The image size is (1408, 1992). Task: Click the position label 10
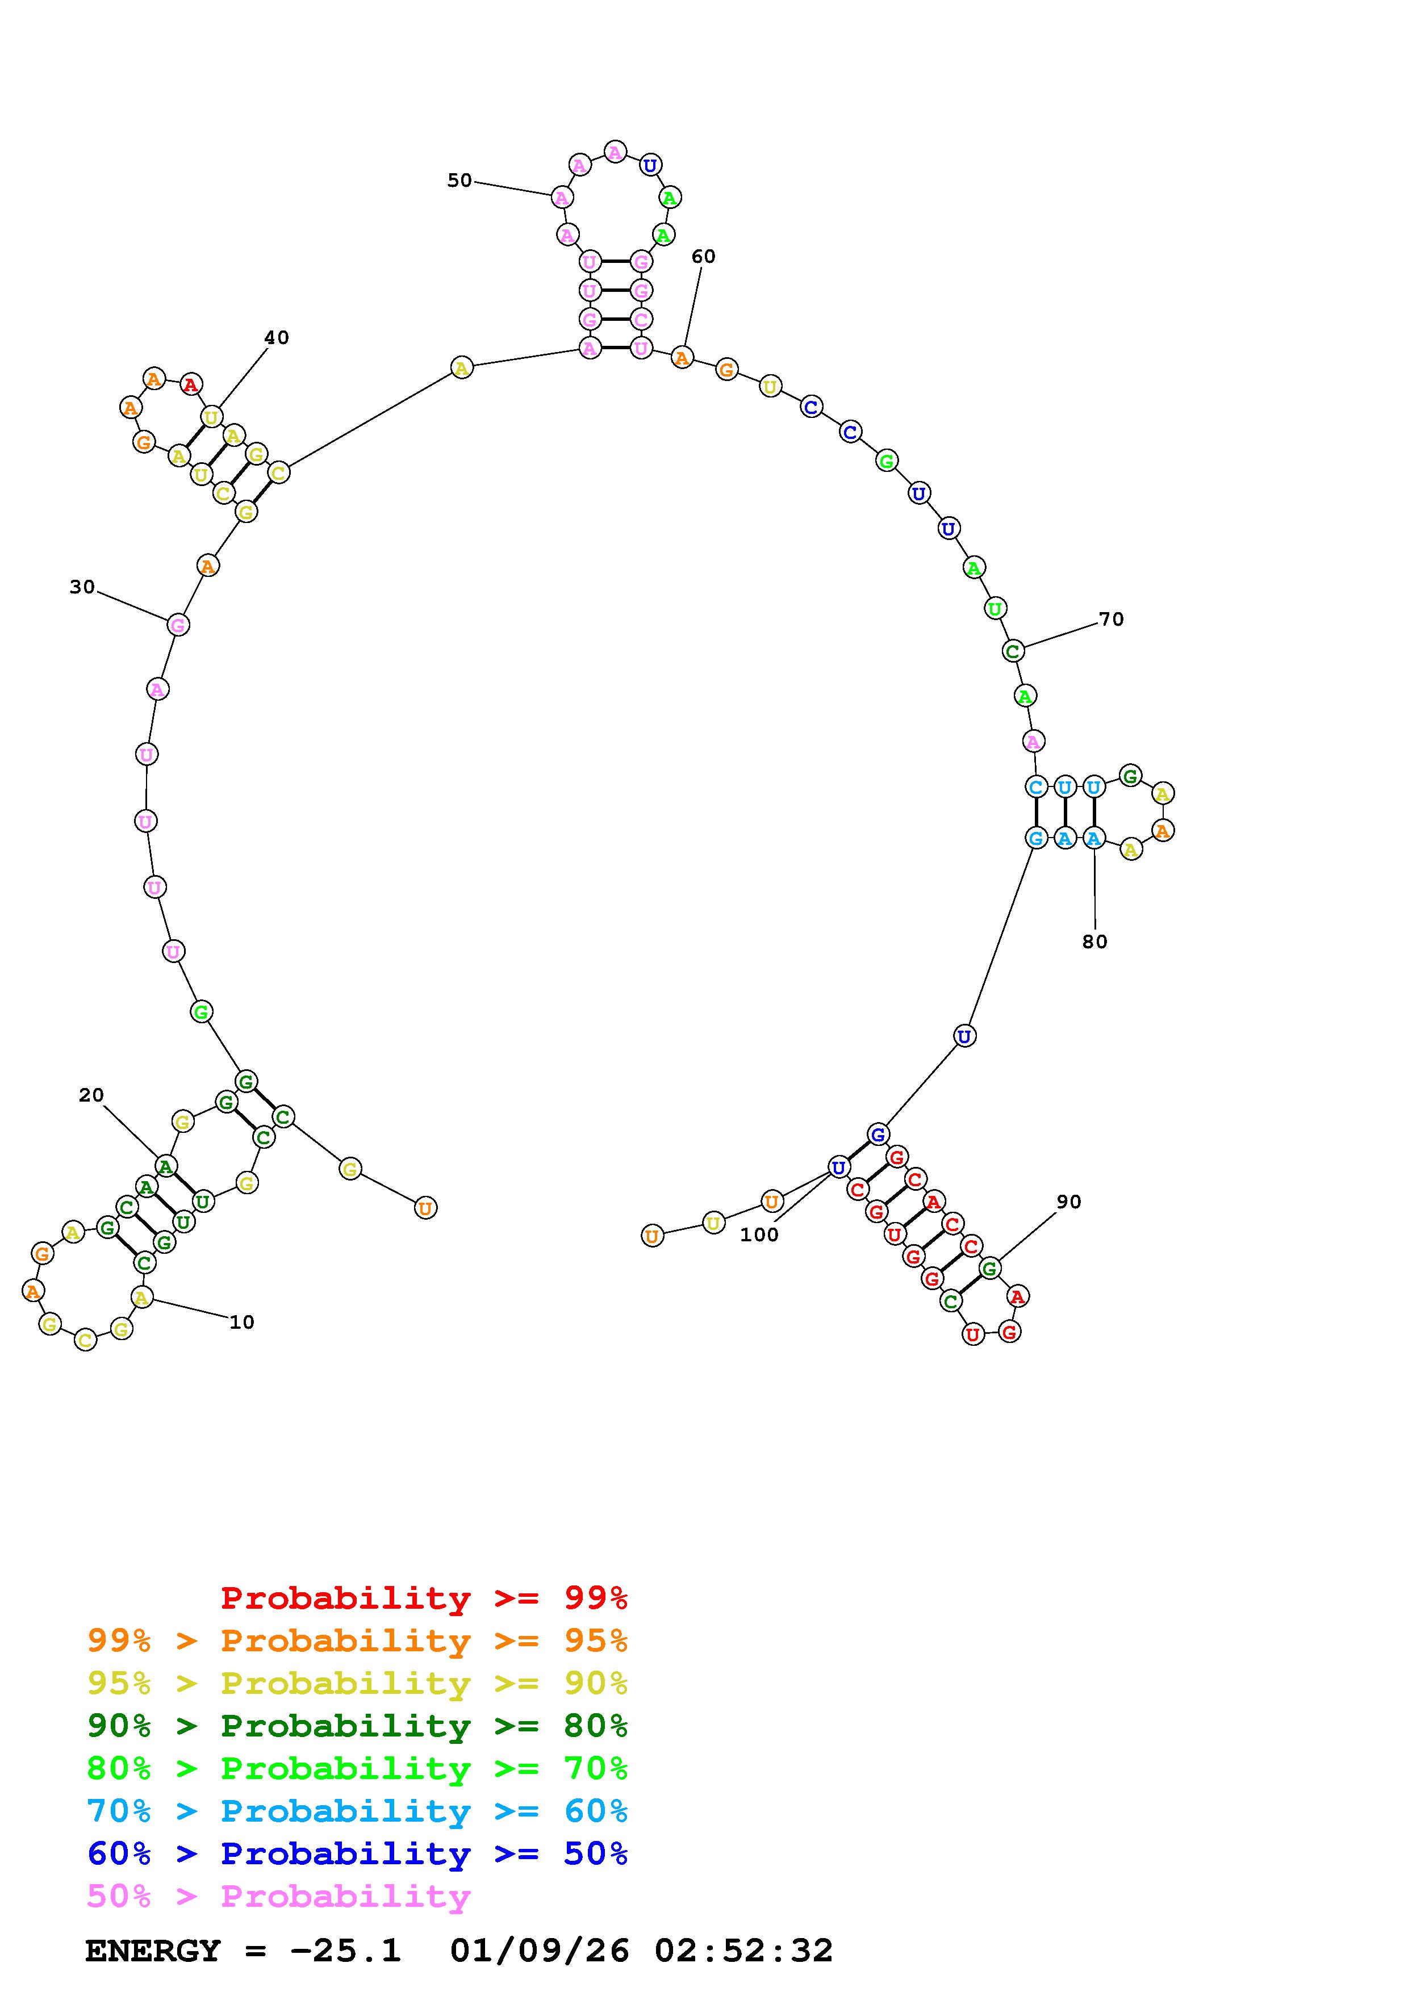(x=242, y=1322)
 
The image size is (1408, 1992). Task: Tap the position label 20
(x=91, y=1095)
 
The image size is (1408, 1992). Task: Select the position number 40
(x=277, y=337)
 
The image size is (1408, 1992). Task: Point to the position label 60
(x=704, y=256)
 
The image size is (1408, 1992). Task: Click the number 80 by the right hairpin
(x=1095, y=941)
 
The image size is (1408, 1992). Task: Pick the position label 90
(x=1069, y=1202)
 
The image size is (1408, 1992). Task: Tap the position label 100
(x=759, y=1234)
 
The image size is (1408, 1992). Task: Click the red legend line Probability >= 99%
(x=424, y=1598)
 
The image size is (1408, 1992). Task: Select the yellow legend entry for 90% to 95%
(x=357, y=1683)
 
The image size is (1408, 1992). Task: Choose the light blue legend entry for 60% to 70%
(x=357, y=1811)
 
